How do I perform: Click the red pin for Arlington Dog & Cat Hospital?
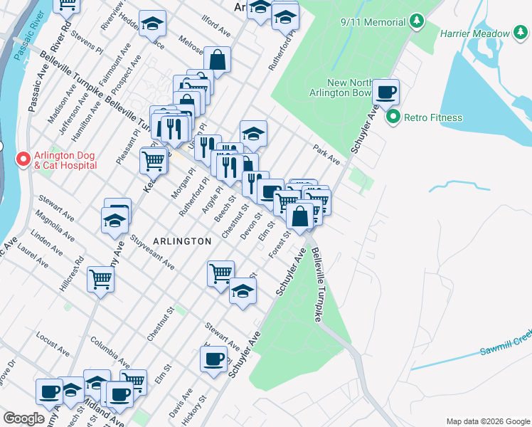[x=22, y=158]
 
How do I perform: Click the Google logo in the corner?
[x=23, y=418]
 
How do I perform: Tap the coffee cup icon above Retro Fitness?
[x=386, y=92]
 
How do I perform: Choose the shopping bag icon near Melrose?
[x=218, y=60]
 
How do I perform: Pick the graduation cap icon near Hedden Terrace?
[x=152, y=24]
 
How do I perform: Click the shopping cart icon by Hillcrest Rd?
[x=101, y=278]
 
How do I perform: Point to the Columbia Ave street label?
[x=110, y=349]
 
